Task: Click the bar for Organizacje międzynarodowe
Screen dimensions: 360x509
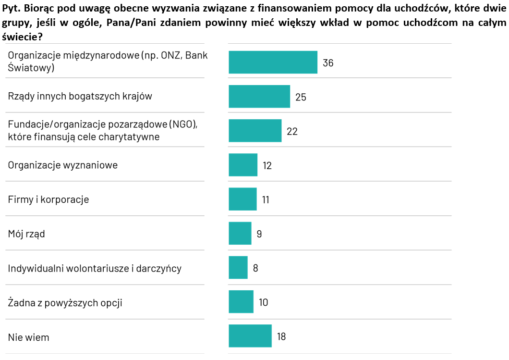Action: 273,62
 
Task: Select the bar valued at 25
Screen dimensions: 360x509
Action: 259,97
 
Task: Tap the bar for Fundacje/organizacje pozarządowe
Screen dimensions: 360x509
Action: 255,131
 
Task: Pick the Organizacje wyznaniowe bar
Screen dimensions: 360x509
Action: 243,165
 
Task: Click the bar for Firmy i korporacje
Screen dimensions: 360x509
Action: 242,199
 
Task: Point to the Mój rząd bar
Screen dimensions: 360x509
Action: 240,234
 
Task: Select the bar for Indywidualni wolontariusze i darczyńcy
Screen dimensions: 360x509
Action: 238,268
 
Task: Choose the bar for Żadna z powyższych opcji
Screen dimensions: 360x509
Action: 241,302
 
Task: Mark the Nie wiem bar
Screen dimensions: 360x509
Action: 250,336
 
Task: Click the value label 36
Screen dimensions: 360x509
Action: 328,63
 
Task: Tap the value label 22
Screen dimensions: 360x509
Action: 292,131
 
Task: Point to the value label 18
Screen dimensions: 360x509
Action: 281,336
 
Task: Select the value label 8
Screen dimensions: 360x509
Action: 255,268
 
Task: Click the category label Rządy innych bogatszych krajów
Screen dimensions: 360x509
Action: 80,96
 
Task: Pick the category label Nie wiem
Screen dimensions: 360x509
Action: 28,337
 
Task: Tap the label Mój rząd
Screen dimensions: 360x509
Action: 26,234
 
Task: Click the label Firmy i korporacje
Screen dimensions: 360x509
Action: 48,199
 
